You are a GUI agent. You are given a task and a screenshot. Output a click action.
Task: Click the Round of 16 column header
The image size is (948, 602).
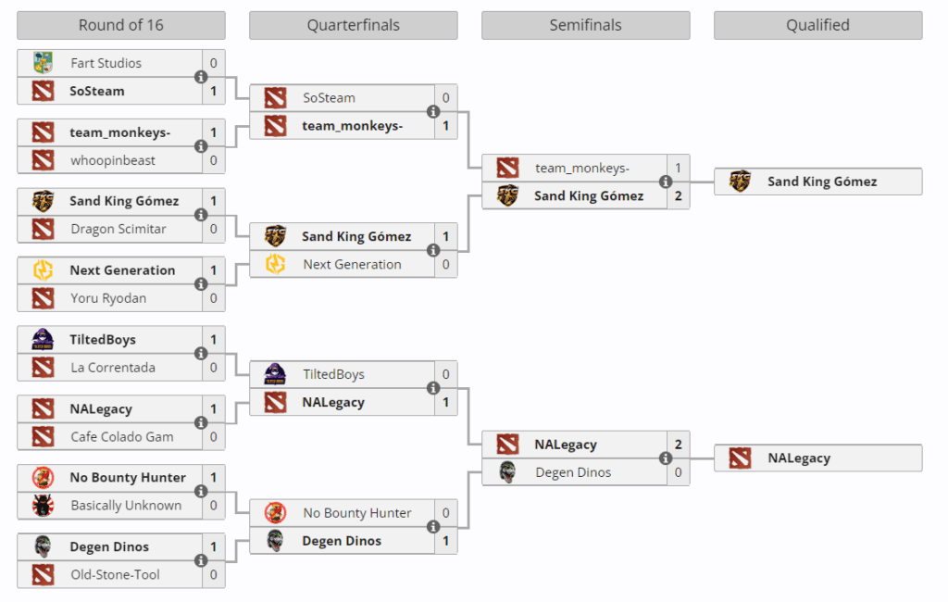pos(120,25)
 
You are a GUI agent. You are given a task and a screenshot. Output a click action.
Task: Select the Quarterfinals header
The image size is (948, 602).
pos(353,25)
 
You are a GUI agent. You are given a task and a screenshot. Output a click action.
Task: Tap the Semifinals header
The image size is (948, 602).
pos(585,25)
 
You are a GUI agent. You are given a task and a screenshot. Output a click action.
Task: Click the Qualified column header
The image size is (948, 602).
pos(817,25)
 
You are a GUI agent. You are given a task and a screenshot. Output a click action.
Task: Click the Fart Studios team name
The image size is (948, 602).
pos(106,63)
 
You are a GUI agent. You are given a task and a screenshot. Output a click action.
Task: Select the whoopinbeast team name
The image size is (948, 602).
pos(113,160)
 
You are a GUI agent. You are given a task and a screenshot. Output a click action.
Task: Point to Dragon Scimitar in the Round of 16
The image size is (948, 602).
pos(118,229)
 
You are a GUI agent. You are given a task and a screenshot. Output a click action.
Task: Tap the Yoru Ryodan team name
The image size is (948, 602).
pos(108,298)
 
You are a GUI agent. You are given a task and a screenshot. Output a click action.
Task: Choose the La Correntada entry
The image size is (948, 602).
pos(113,368)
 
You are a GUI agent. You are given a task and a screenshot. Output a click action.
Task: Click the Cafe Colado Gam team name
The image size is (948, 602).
pos(121,436)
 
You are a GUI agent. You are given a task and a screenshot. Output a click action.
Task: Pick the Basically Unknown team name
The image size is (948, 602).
pos(126,506)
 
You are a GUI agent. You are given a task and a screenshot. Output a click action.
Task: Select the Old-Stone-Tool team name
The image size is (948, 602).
pos(115,574)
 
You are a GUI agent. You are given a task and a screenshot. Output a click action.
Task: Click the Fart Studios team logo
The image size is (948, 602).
pos(43,63)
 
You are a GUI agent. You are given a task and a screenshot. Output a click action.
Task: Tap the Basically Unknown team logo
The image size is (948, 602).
pos(43,506)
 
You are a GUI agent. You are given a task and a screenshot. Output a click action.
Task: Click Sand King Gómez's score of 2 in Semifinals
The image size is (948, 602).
pos(678,195)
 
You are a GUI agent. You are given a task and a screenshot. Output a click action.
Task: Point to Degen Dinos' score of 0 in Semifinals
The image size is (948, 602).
pos(678,472)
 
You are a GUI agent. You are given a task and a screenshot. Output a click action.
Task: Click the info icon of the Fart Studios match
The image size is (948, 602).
pos(201,77)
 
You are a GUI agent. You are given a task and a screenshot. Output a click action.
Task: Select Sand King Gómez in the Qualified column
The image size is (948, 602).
pos(821,182)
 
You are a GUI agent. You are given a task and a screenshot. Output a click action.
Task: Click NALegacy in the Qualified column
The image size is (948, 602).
pos(798,458)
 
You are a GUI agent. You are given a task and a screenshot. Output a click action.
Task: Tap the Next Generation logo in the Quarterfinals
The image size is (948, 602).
pos(275,264)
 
